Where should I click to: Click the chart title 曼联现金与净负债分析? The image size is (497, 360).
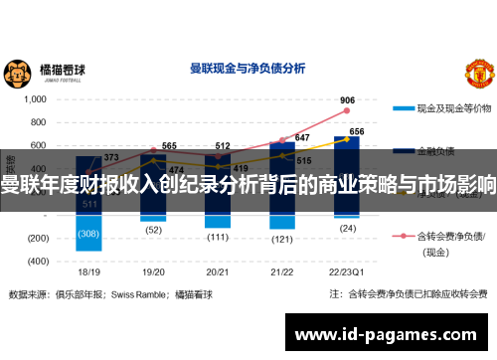(x=247, y=70)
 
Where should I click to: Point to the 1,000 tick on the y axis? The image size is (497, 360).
(x=36, y=99)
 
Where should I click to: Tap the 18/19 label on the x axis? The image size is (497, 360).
(x=89, y=271)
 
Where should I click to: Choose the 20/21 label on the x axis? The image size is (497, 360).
(x=218, y=271)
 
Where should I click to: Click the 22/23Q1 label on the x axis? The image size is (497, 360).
(x=347, y=271)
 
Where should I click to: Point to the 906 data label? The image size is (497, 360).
(x=347, y=100)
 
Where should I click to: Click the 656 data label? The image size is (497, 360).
(x=356, y=131)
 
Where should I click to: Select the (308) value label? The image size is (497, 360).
(x=89, y=234)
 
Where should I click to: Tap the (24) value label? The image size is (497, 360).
(x=347, y=228)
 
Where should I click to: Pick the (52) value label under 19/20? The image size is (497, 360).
(x=154, y=229)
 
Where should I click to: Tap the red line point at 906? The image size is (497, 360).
(x=347, y=111)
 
